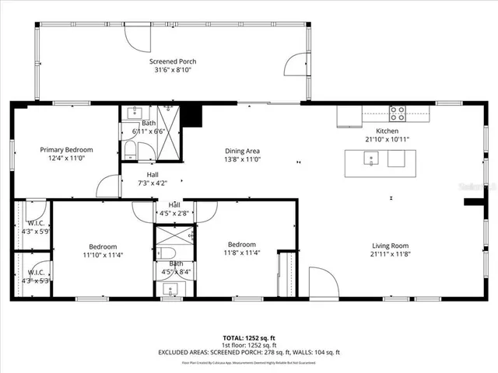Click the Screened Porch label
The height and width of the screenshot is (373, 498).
173,61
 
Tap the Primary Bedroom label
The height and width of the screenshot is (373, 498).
67,150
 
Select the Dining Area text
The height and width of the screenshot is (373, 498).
242,151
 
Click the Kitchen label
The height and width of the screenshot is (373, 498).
387,131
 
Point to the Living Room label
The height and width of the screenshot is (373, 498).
390,245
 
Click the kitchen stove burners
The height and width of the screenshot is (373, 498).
397,113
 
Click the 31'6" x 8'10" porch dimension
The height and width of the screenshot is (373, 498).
173,69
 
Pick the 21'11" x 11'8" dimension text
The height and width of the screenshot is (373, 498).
390,253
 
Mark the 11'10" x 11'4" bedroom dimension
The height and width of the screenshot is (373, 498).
103,253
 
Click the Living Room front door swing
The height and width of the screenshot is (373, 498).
321,281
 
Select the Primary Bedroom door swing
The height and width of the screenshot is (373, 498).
107,186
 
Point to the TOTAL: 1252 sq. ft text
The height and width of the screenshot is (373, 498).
249,338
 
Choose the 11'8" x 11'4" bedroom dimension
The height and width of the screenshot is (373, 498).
242,253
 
